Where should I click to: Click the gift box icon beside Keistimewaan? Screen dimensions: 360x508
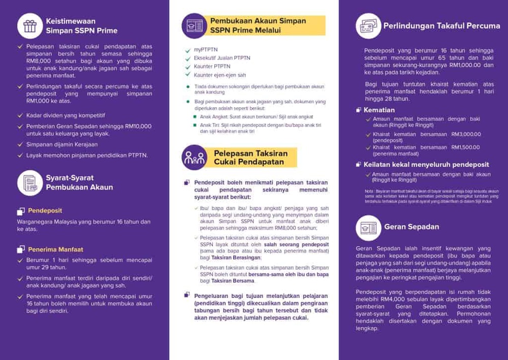click(30, 26)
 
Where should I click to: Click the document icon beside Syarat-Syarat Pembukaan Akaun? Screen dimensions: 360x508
click(30, 183)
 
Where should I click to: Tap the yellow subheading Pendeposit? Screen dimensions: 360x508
click(45, 211)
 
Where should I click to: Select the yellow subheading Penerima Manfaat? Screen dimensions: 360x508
click(55, 249)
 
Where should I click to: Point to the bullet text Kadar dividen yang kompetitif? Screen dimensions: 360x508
click(66, 115)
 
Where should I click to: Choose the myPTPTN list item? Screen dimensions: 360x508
click(205, 50)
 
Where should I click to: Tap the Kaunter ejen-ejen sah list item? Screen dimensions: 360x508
click(219, 75)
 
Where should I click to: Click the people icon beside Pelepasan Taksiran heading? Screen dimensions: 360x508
click(195, 158)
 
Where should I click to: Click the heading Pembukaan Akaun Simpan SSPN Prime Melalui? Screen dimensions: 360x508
click(258, 25)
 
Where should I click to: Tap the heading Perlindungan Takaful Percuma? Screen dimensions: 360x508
click(441, 25)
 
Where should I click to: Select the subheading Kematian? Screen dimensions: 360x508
click(378, 110)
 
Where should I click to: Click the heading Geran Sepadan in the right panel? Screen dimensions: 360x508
click(411, 227)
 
